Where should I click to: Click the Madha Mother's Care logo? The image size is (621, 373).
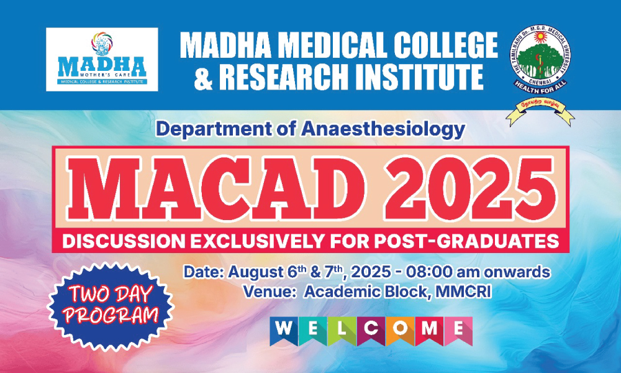coord(102,59)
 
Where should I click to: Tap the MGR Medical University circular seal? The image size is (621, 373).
coord(538,60)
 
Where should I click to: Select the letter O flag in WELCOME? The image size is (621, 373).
coord(400,329)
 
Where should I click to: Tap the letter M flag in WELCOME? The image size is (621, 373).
coord(428,329)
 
